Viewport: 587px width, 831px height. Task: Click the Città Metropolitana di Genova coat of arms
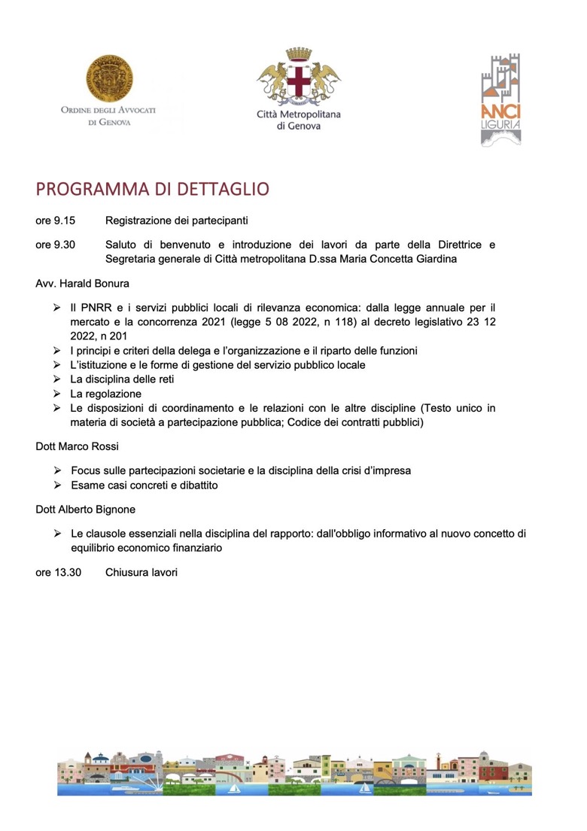[299, 78]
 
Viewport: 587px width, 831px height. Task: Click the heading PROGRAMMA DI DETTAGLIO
[152, 189]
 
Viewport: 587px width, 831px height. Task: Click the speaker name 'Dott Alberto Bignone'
[86, 510]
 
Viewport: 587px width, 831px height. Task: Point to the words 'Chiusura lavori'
[141, 572]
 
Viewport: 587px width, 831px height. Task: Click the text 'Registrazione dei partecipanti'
[177, 221]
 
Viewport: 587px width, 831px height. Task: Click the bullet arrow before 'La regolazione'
[57, 394]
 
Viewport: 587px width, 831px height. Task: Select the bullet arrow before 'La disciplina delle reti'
[57, 379]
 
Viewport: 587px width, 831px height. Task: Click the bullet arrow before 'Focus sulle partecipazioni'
[57, 470]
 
